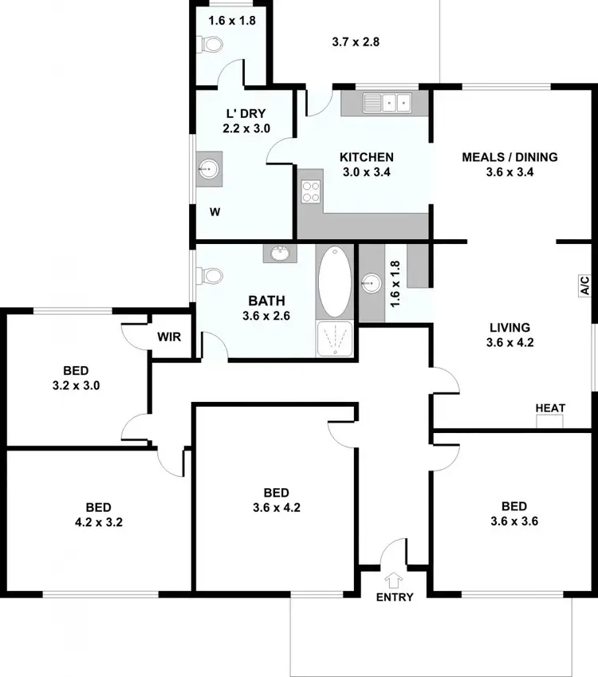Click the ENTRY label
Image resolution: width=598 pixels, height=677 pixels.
395,597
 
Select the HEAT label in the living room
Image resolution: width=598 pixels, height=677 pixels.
550,408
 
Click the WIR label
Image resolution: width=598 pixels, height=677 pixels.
169,337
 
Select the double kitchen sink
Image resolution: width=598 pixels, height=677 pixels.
387,102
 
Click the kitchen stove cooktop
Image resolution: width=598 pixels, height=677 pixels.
310,191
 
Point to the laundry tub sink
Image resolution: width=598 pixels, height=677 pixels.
210,168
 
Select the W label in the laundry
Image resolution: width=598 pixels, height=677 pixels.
214,212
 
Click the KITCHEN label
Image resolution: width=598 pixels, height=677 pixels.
366,157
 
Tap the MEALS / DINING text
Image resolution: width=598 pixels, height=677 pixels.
509,157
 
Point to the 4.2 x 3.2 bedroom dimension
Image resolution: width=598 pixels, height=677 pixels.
99,524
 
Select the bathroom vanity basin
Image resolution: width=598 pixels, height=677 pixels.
280,254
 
